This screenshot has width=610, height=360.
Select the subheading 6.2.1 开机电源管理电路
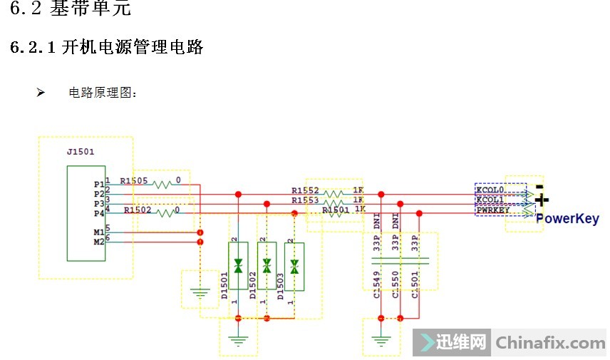(x=107, y=48)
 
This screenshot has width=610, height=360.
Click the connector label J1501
(x=80, y=151)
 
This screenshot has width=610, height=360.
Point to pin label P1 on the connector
(x=98, y=184)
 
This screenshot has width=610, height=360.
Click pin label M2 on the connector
(x=98, y=242)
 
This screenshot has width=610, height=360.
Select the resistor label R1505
(x=134, y=181)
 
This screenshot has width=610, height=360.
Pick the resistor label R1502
(x=138, y=210)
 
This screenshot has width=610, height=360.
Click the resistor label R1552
(x=305, y=190)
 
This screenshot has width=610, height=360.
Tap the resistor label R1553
(x=305, y=200)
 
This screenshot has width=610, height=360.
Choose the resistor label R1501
(x=336, y=210)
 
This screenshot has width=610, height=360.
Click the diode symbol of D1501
(x=239, y=266)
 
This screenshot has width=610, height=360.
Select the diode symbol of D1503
(x=294, y=266)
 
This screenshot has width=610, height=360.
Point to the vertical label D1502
(x=253, y=286)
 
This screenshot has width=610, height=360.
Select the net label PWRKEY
(x=492, y=210)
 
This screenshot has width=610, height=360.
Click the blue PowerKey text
(x=567, y=219)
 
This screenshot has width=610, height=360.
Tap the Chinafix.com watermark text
(x=550, y=343)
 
